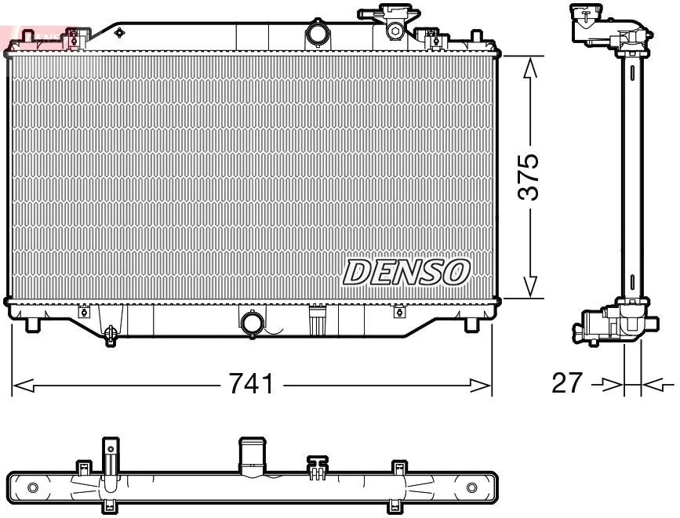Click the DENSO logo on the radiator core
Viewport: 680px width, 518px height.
coord(406,271)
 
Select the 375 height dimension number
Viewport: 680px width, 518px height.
coord(531,177)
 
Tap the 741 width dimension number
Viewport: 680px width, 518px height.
coord(251,384)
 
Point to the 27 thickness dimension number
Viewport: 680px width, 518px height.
coord(567,383)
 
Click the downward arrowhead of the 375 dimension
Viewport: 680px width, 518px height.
coord(531,287)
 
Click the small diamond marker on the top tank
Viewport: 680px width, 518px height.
coord(119,33)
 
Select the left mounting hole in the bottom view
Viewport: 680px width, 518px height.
coord(32,487)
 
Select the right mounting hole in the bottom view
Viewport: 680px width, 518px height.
coord(471,487)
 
